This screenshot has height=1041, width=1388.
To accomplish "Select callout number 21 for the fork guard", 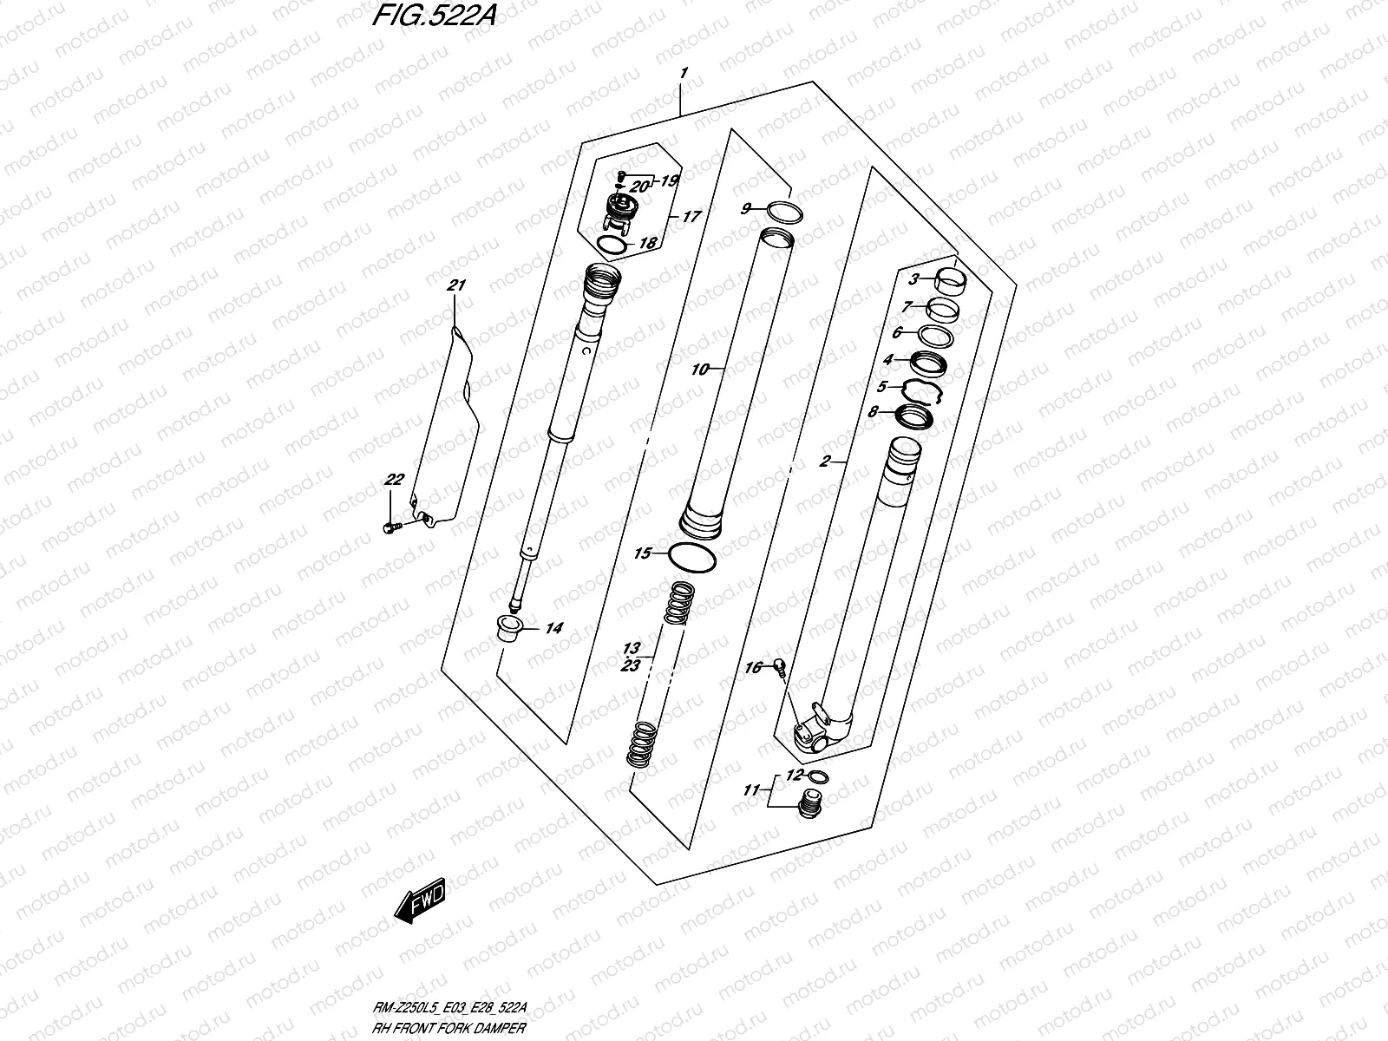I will point(457,285).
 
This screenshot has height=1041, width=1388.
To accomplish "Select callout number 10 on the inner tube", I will point(700,370).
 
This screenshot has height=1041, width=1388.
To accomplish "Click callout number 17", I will point(691,217).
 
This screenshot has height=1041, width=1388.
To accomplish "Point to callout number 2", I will point(825,461).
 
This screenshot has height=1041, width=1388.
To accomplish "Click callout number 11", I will point(751,790).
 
